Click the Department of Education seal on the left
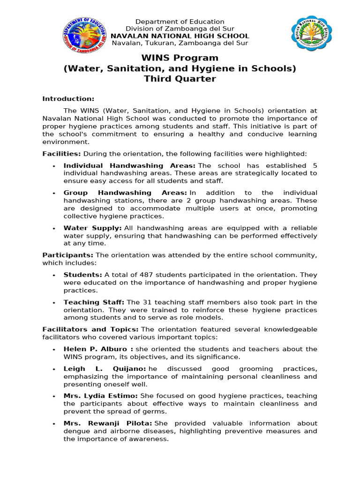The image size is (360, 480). tap(84, 34)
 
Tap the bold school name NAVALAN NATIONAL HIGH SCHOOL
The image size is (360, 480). tap(180, 36)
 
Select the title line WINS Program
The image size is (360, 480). tap(180, 58)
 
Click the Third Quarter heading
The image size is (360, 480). tap(180, 79)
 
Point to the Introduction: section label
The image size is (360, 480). tap(68, 98)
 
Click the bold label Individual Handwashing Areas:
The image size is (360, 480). tap(129, 166)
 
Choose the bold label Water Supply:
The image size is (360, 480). tap(93, 228)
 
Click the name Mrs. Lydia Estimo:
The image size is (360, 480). tap(101, 396)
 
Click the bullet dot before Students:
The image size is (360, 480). tap(54, 275)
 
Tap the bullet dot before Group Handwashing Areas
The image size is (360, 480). tap(54, 194)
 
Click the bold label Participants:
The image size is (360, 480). tap(68, 255)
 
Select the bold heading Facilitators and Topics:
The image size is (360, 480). tap(90, 330)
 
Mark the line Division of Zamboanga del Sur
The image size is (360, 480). tap(180, 29)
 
